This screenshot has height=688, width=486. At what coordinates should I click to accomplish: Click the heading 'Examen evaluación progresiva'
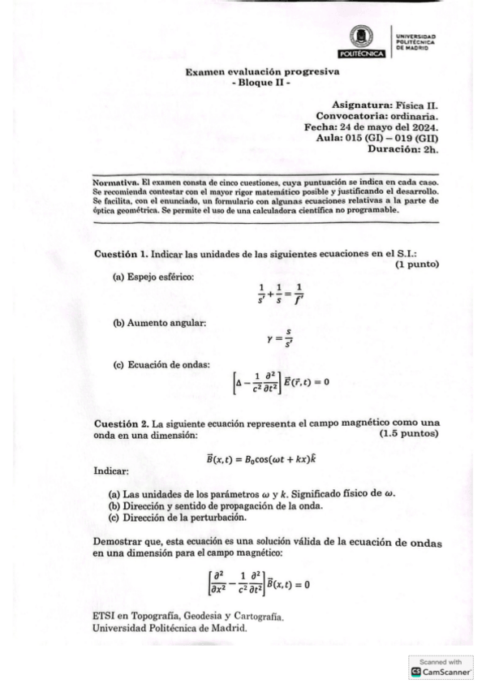(x=262, y=71)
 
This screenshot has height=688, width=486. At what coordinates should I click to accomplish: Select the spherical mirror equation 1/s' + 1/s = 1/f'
(x=279, y=292)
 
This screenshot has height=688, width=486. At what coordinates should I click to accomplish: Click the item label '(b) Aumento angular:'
(x=159, y=324)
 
